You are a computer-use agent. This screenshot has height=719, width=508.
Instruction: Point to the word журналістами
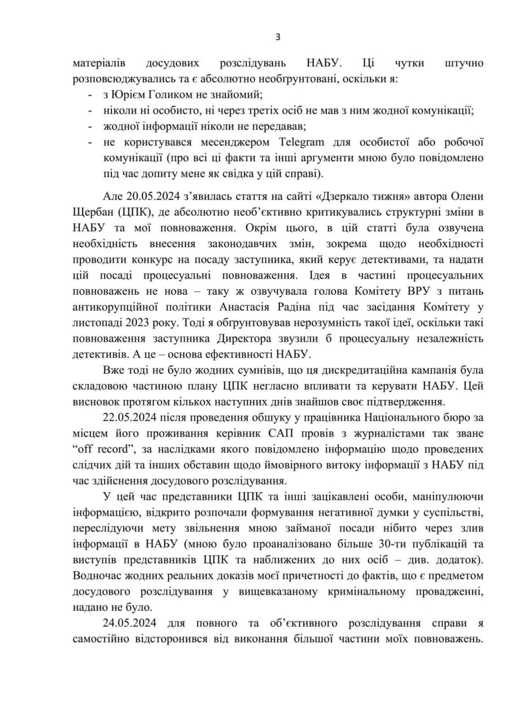372,433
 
